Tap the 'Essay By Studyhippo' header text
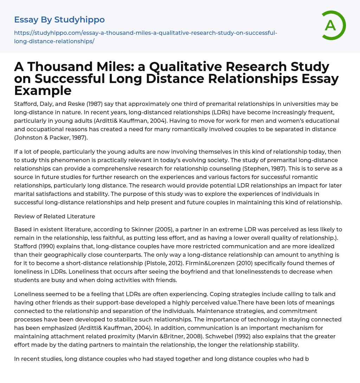(59, 20)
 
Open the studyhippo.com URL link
(146, 37)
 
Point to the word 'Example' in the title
(43, 90)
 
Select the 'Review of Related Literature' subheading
(54, 216)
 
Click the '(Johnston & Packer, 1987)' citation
(51, 138)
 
